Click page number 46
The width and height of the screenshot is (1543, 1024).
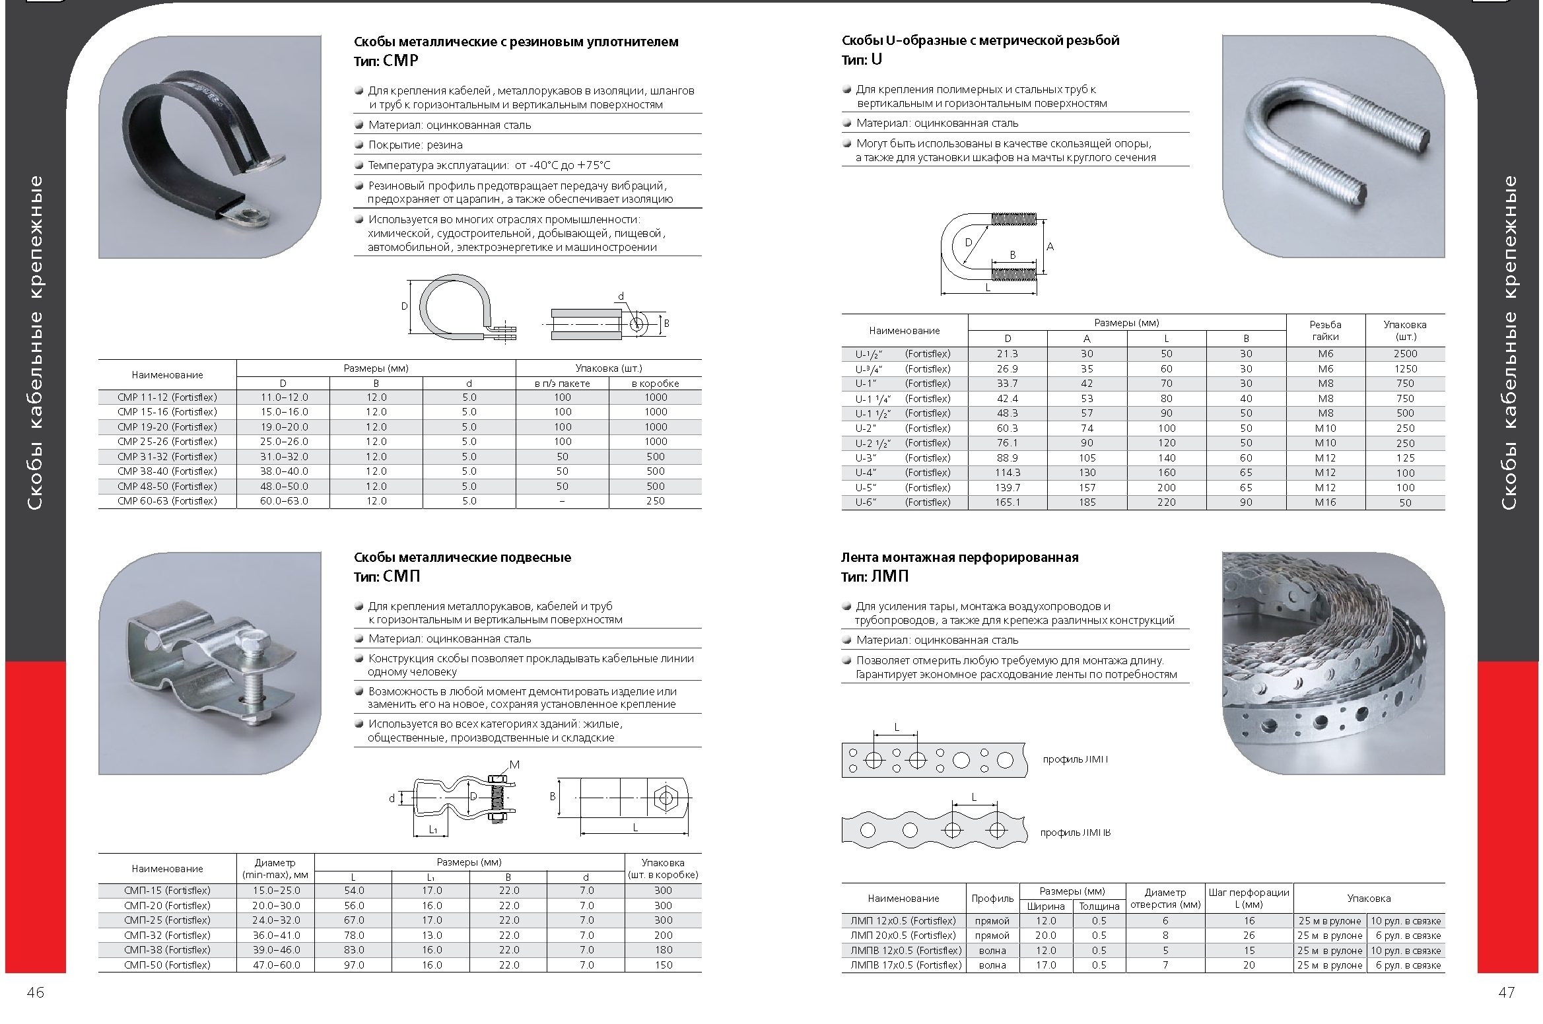click(x=35, y=992)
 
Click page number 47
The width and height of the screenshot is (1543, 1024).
click(x=1506, y=992)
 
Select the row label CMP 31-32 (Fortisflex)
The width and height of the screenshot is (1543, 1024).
click(x=167, y=457)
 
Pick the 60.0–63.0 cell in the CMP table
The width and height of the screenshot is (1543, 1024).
click(x=283, y=501)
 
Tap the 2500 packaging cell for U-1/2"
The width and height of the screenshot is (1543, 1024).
click(x=1405, y=354)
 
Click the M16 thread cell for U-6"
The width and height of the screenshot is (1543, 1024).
click(x=1325, y=502)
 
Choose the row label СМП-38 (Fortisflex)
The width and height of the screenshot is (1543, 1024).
click(x=167, y=950)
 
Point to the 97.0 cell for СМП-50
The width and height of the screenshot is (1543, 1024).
click(x=353, y=965)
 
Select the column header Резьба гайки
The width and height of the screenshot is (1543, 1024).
click(x=1325, y=330)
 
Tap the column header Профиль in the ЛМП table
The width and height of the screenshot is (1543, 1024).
click(x=992, y=899)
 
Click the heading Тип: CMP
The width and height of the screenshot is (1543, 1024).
click(x=386, y=61)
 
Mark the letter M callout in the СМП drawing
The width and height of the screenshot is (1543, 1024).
click(x=514, y=765)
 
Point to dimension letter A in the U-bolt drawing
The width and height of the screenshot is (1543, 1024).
click(x=1050, y=247)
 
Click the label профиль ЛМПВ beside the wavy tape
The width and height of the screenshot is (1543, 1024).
click(x=1075, y=833)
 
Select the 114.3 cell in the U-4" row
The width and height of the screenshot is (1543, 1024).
click(x=1007, y=473)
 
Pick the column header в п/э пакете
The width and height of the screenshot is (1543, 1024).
click(x=562, y=384)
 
